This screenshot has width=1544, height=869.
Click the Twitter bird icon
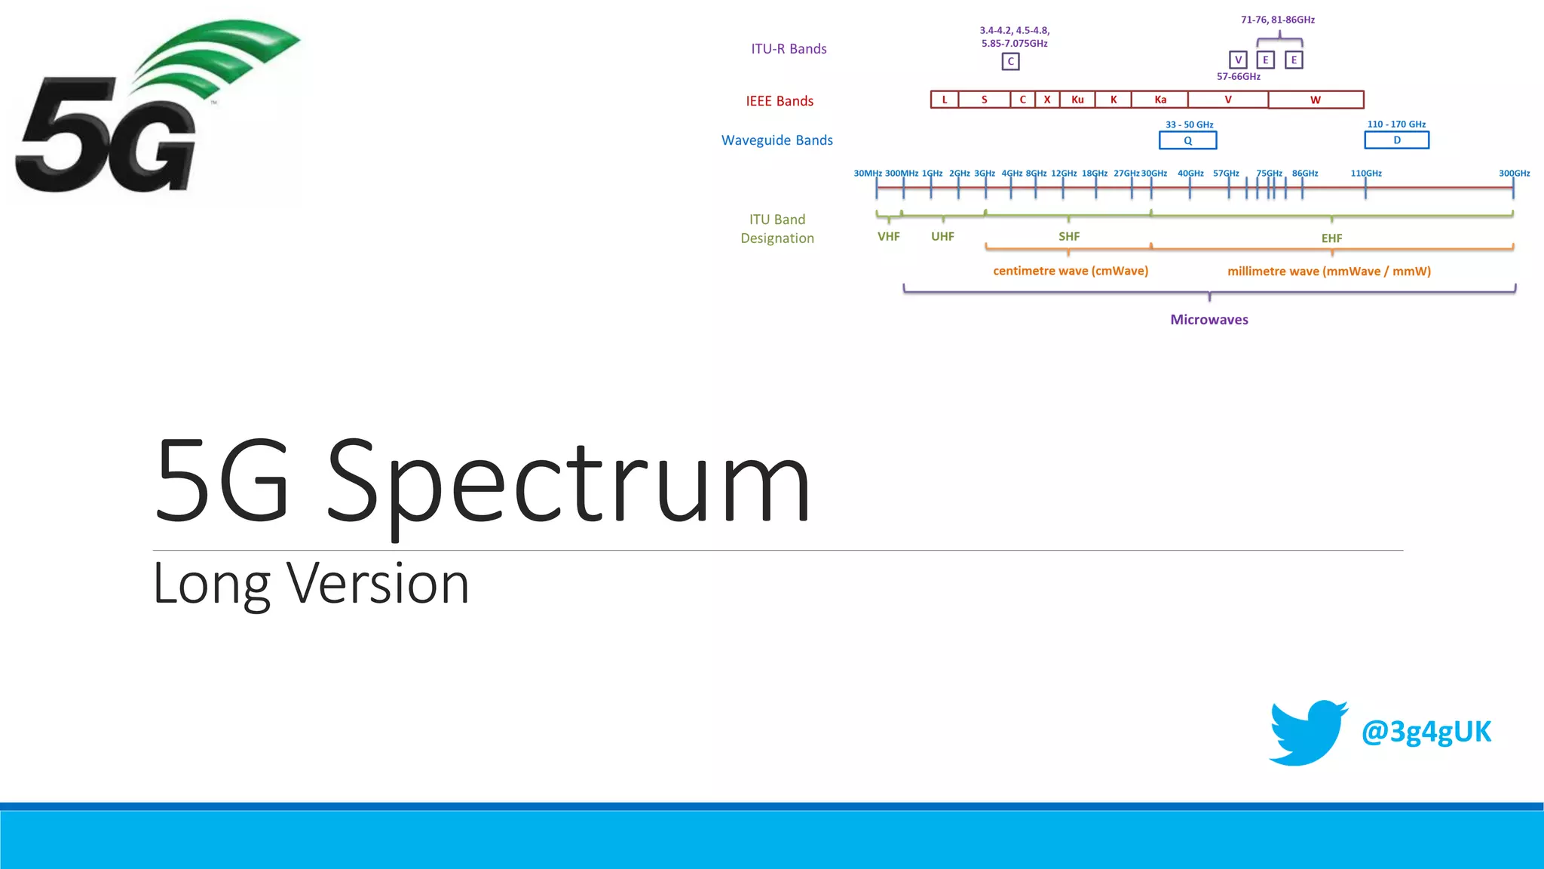(1307, 732)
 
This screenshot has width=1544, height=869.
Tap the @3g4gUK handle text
(1426, 732)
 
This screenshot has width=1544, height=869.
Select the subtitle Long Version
(311, 584)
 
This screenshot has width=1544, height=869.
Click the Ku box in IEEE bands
(1077, 100)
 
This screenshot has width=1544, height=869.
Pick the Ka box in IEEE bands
(1160, 100)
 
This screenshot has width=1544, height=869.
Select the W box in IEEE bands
(1316, 100)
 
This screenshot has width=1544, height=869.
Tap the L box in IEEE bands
(945, 100)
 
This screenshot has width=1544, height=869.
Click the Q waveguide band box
(1188, 140)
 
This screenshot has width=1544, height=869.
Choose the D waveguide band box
(1397, 140)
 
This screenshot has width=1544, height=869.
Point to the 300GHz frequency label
(1514, 173)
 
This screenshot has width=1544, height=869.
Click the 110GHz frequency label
(1366, 173)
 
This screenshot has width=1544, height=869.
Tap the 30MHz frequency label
(868, 173)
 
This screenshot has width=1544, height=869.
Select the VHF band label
(889, 237)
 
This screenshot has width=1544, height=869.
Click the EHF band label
(1331, 238)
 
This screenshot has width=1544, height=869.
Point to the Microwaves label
(1209, 320)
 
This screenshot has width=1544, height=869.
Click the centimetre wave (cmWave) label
(1071, 271)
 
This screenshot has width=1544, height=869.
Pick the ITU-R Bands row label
(789, 49)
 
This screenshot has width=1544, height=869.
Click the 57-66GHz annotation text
(1239, 77)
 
